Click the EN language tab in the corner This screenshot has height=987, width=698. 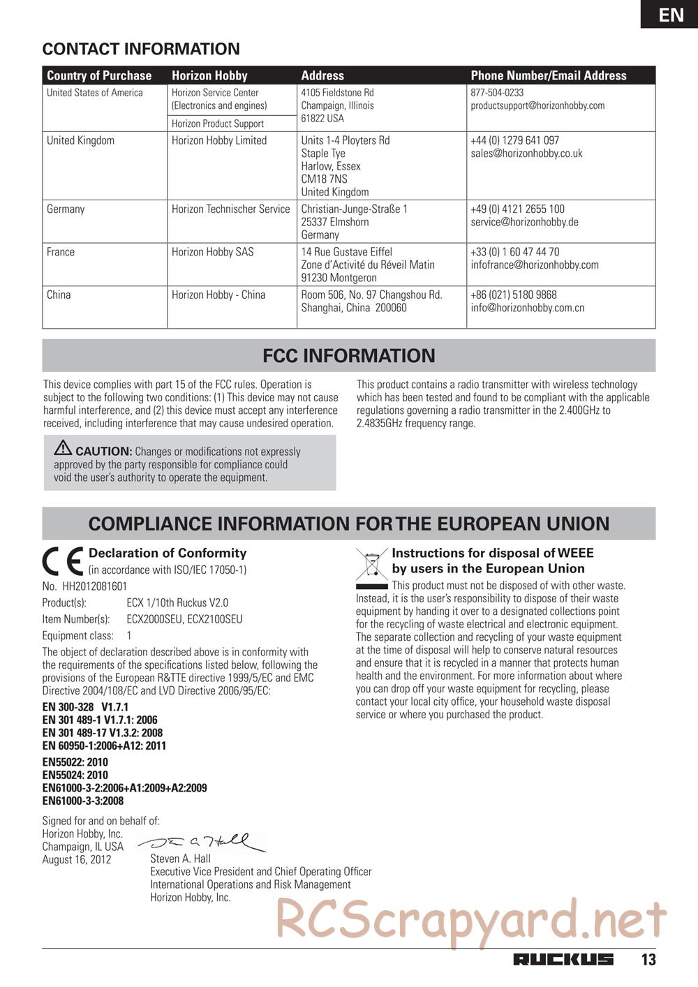671,15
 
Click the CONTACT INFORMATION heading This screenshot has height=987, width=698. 141,49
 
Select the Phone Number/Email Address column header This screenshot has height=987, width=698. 548,75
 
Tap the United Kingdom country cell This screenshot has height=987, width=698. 80,140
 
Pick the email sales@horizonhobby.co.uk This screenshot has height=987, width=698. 526,154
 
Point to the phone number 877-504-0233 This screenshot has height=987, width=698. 497,92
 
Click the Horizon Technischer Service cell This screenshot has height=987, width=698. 230,209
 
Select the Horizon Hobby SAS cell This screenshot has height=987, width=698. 212,252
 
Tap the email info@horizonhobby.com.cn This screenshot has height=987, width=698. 527,308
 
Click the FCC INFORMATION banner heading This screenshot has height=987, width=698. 348,355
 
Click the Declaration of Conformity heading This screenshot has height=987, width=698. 168,553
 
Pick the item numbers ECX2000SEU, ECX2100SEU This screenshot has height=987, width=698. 184,619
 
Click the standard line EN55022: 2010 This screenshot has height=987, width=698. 75,762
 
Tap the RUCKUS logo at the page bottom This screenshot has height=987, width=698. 563,959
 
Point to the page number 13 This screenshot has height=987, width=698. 648,959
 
